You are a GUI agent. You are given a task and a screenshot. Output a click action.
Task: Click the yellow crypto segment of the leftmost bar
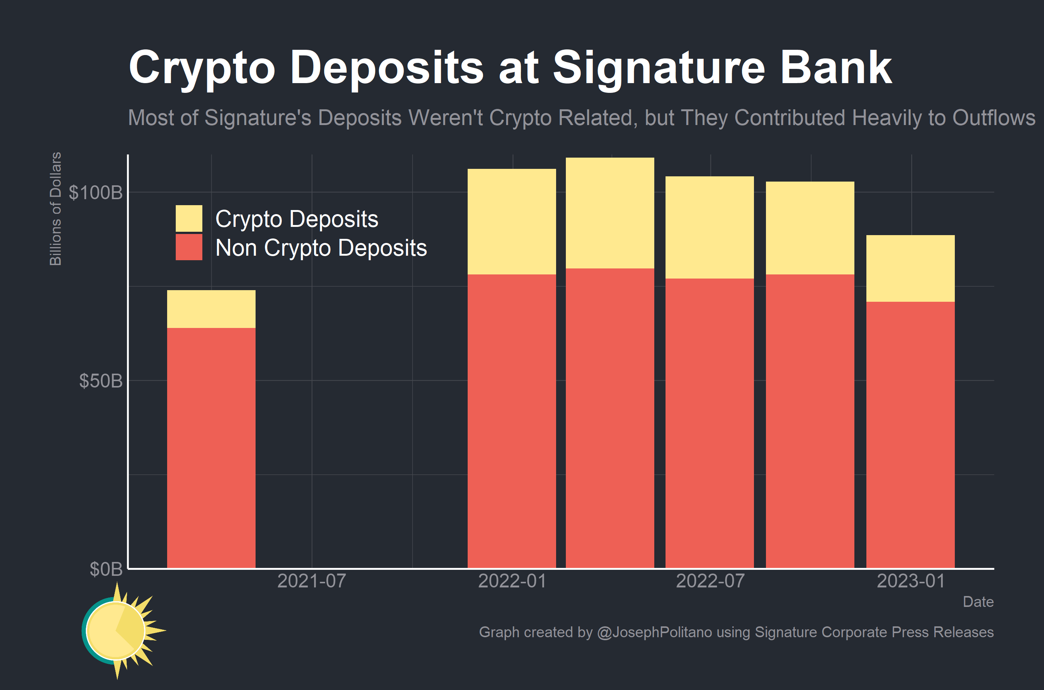(x=211, y=309)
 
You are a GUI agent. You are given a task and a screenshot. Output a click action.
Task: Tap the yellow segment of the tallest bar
(x=609, y=213)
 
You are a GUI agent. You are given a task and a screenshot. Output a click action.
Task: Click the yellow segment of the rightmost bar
(x=910, y=268)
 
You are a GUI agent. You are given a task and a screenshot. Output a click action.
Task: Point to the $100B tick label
(x=96, y=193)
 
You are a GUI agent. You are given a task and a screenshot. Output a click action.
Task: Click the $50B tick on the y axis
(x=100, y=381)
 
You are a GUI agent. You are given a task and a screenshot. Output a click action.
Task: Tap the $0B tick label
(x=106, y=569)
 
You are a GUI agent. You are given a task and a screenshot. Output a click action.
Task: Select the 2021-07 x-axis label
(x=311, y=581)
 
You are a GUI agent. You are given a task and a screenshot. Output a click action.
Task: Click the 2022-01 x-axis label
(x=512, y=581)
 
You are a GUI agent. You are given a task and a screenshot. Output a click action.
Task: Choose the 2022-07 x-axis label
(x=710, y=581)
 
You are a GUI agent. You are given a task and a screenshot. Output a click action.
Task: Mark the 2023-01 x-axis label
(x=911, y=581)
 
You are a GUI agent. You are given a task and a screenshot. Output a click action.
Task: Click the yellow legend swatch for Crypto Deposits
(x=189, y=218)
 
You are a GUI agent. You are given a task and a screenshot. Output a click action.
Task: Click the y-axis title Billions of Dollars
(x=55, y=209)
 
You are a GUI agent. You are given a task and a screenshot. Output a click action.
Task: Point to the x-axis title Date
(x=978, y=602)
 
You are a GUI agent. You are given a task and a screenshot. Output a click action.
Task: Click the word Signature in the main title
(x=659, y=68)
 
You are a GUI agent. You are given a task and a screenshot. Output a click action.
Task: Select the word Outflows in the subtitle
(x=993, y=118)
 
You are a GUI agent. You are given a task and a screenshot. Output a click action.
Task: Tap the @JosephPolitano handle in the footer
(x=654, y=632)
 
